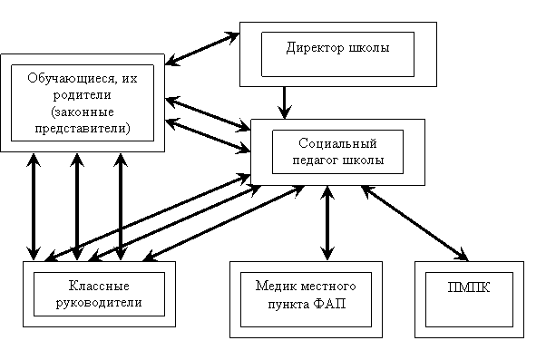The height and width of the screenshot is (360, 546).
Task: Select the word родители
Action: click(83, 95)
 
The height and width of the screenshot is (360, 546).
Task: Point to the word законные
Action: click(83, 112)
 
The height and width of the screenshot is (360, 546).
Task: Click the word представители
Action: click(83, 129)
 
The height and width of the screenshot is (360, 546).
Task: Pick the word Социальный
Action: click(337, 143)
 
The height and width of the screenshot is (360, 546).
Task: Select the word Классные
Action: click(99, 286)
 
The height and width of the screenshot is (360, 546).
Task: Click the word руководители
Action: click(99, 302)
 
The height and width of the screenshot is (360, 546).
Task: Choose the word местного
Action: click(327, 287)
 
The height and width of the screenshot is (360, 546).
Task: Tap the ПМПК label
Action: click(469, 287)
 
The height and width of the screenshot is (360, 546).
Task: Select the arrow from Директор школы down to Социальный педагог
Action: click(285, 102)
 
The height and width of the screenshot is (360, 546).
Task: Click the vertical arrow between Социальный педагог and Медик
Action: click(327, 223)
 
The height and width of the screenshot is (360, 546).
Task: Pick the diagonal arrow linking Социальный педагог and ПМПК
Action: click(414, 223)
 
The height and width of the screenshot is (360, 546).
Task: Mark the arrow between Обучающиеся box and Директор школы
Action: click(202, 49)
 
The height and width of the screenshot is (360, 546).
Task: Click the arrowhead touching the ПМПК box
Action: click(463, 255)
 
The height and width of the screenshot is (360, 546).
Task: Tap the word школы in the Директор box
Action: click(369, 48)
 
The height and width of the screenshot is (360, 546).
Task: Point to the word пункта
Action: click(288, 305)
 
